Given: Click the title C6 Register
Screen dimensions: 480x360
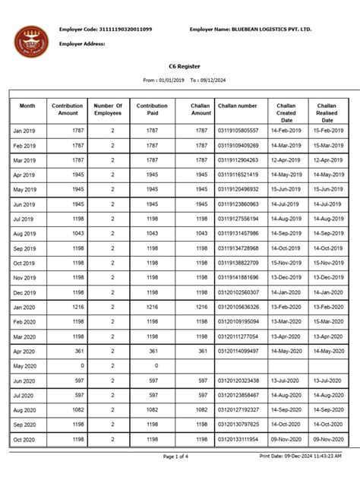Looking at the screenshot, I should point(180,67).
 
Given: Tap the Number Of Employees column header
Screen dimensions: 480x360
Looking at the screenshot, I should point(108,111).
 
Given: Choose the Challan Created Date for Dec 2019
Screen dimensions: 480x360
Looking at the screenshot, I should point(286,292).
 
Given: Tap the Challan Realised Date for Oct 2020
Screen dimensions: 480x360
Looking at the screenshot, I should point(327,439).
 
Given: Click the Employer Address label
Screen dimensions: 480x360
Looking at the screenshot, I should point(83,44).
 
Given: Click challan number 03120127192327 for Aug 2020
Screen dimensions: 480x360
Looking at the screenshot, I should point(238,409).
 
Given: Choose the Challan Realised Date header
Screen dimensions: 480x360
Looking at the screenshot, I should point(327,111).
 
